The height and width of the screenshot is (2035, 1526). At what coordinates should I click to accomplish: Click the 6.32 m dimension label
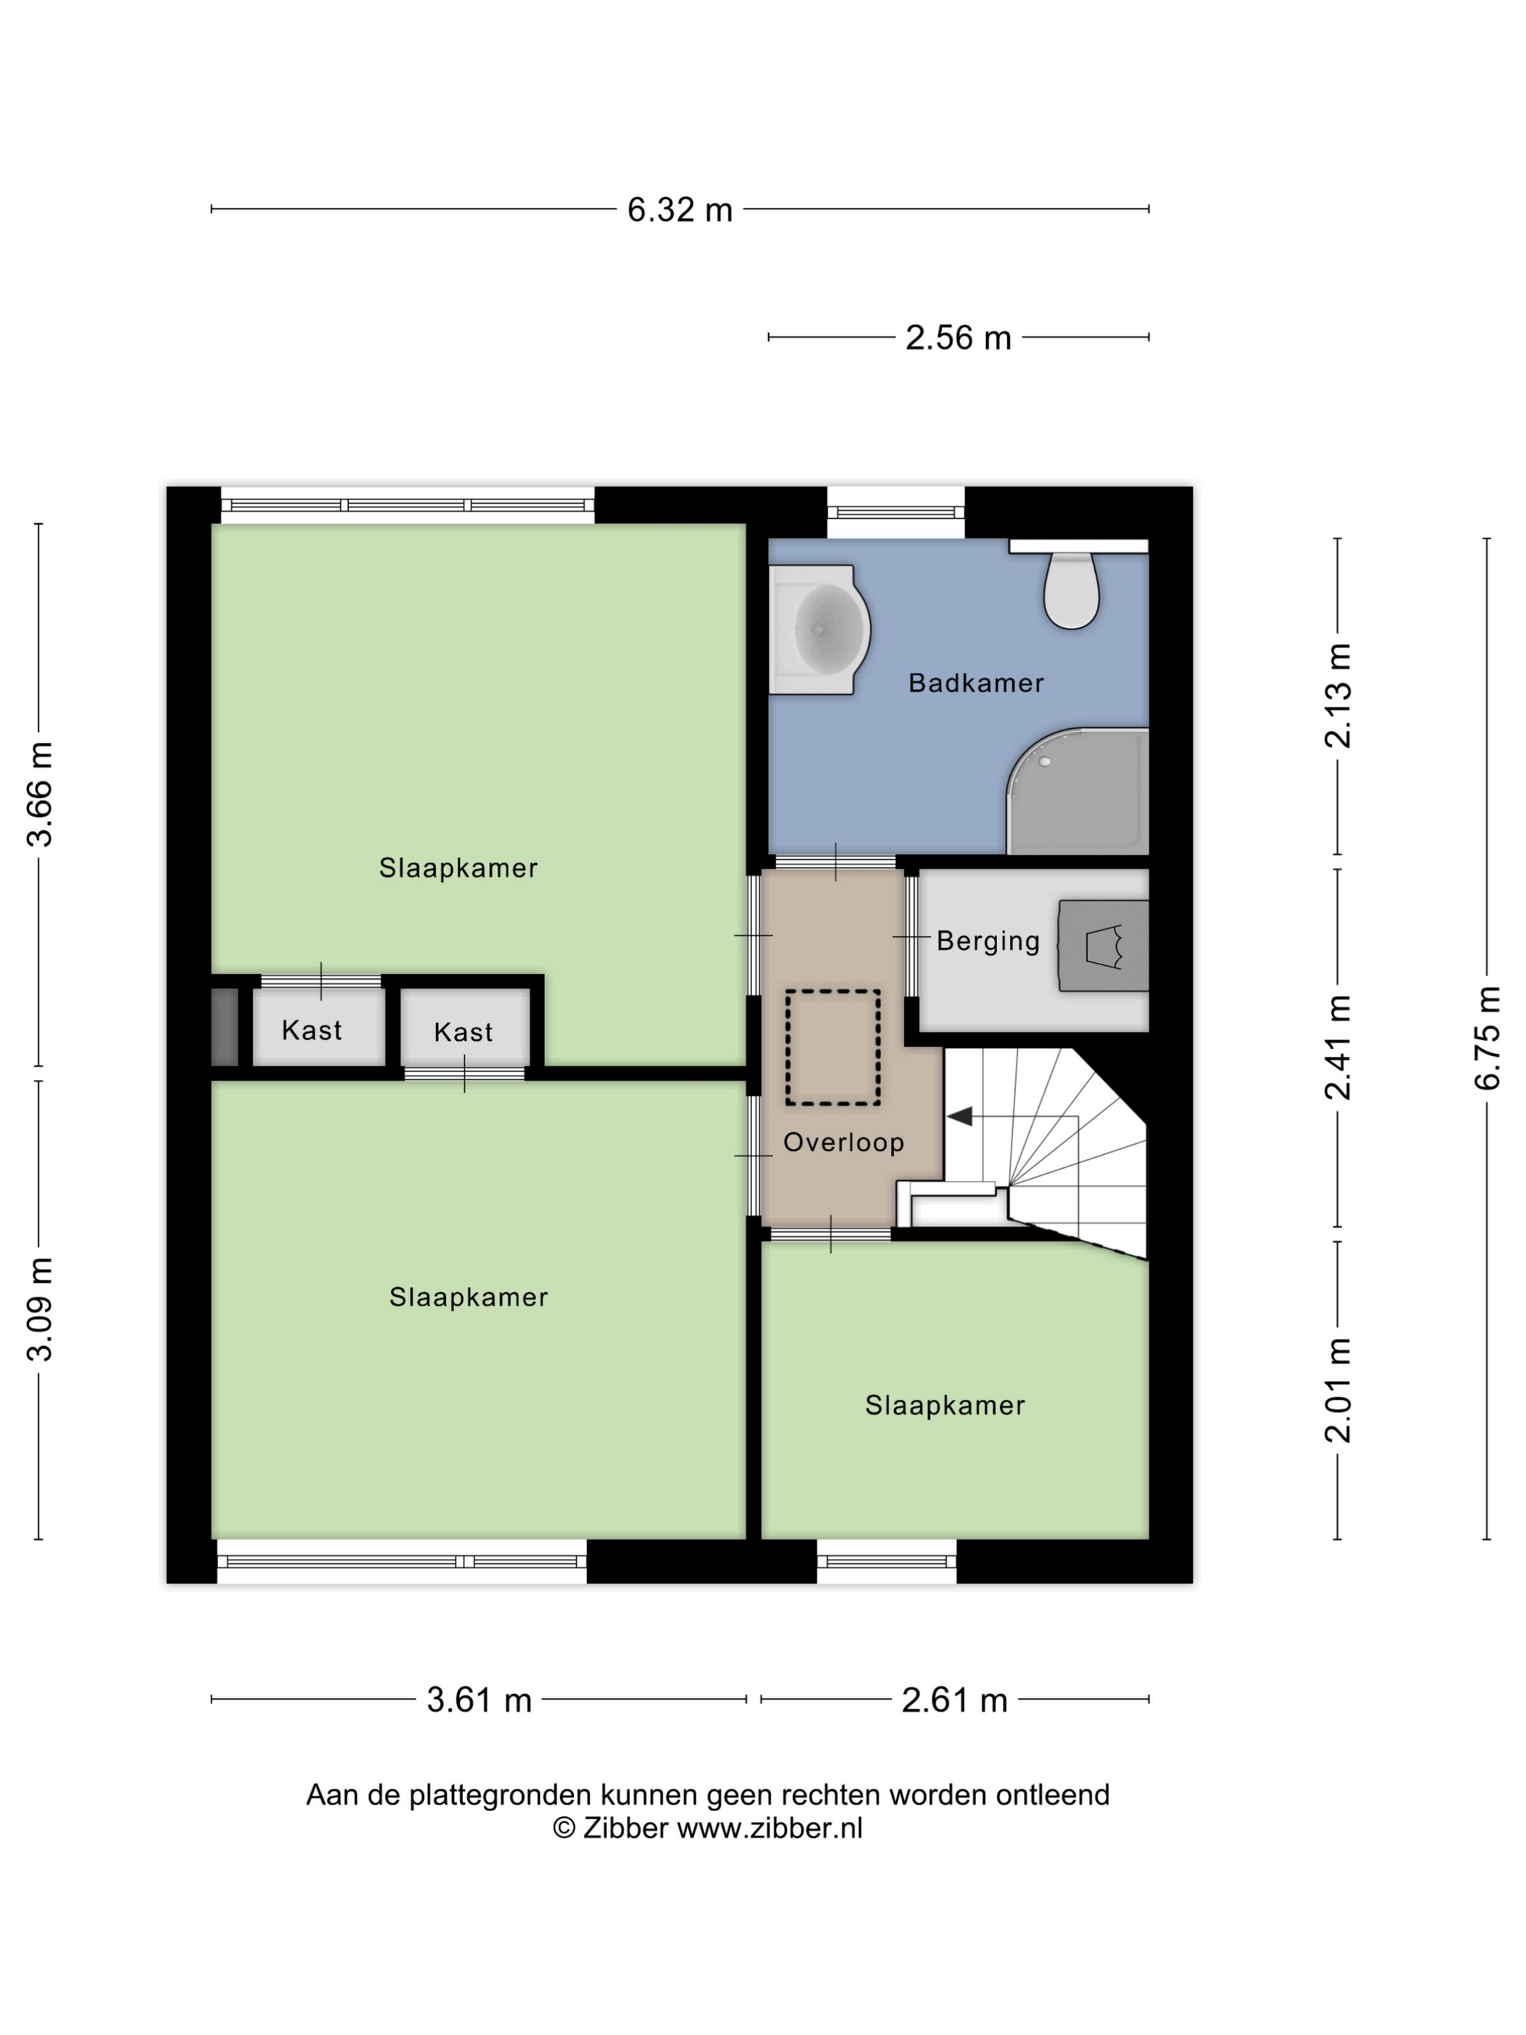[x=679, y=210]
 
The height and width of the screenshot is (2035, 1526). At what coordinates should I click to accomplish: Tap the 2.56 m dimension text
[x=958, y=338]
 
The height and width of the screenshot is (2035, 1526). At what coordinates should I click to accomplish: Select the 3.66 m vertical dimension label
[x=39, y=793]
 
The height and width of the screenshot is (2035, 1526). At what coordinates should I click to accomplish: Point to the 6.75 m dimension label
[x=1487, y=1038]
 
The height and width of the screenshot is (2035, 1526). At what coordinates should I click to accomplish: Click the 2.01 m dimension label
[x=1338, y=1389]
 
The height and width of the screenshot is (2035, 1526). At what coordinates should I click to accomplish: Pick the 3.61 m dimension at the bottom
[x=478, y=1699]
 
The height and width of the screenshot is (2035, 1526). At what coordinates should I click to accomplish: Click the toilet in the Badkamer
[x=1070, y=589]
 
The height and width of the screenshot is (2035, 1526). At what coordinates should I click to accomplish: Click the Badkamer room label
[x=976, y=682]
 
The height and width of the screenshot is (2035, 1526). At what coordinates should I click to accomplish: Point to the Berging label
[x=988, y=940]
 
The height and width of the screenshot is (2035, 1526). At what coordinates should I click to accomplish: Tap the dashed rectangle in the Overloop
[x=833, y=1047]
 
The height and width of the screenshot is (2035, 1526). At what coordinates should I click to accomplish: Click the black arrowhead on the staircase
[x=959, y=1116]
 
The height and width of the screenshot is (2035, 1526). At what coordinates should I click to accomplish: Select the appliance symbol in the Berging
[x=1104, y=946]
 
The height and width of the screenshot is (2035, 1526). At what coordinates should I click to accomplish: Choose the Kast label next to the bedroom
[x=464, y=1031]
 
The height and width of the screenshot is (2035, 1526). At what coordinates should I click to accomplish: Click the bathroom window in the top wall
[x=895, y=512]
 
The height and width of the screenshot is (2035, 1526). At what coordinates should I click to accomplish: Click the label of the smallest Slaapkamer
[x=945, y=1405]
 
